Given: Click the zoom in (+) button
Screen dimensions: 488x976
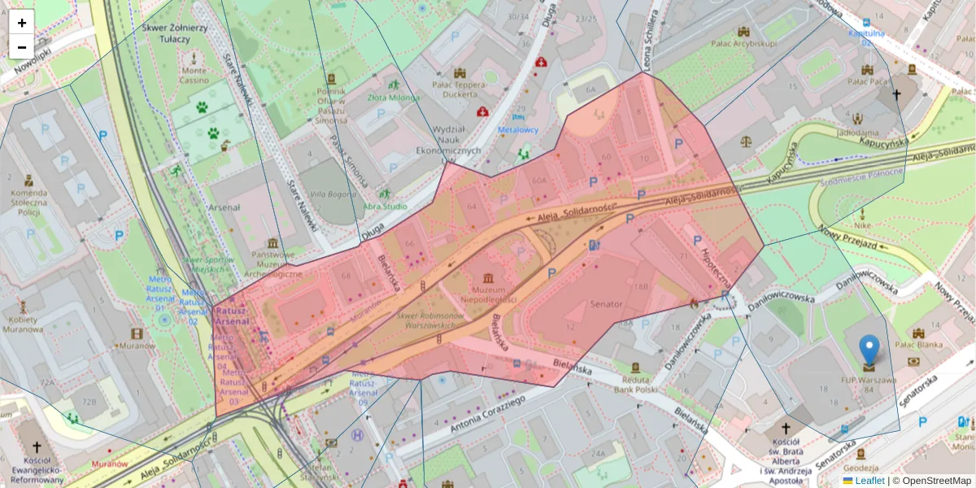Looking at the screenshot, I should [22, 23].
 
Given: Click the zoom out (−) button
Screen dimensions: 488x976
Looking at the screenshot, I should [22, 47].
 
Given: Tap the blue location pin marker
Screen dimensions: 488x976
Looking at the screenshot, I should [869, 351].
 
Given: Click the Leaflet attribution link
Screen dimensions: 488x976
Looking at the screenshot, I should [869, 481].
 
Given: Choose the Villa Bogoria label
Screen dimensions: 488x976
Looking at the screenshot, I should [329, 194].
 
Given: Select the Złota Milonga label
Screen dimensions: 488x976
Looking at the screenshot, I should [394, 98].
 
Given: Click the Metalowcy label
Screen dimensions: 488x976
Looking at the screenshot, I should [518, 129].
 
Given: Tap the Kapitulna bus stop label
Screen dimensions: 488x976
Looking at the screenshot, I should [866, 33].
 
